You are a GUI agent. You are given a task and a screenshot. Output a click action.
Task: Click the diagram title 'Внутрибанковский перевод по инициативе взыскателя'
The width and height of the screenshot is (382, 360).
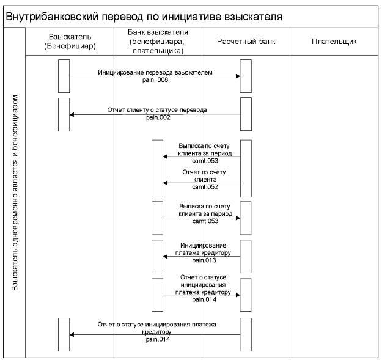click(144, 17)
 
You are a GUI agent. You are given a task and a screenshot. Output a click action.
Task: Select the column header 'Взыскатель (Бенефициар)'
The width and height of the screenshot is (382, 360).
click(70, 41)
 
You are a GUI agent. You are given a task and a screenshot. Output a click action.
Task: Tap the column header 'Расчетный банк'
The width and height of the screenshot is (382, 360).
click(246, 41)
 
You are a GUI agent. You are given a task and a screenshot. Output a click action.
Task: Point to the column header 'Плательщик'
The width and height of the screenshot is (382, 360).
click(334, 41)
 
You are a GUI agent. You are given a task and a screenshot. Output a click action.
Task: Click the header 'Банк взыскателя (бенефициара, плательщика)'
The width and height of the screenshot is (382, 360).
click(158, 41)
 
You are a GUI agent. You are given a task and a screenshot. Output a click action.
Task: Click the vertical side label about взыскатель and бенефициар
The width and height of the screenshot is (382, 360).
click(15, 192)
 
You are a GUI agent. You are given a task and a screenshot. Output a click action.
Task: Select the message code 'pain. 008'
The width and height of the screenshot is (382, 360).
click(155, 79)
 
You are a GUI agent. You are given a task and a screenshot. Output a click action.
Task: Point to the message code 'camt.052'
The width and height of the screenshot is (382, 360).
click(200, 187)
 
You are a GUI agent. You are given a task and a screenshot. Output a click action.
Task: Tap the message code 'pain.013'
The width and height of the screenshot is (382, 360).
click(200, 260)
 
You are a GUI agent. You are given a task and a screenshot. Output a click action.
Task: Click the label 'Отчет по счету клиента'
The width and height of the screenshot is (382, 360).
click(200, 176)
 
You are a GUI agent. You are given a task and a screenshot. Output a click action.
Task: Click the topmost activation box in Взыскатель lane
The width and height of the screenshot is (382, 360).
click(64, 76)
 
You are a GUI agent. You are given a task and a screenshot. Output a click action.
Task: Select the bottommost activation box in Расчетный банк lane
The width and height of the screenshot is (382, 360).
click(246, 334)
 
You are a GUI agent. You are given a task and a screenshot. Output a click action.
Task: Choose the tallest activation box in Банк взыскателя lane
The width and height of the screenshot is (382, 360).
click(157, 169)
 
